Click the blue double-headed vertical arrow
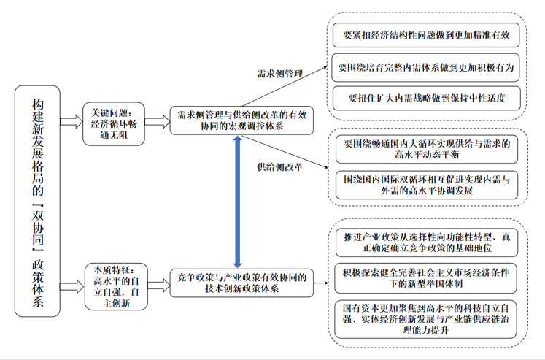pyautogui.click(x=238, y=202)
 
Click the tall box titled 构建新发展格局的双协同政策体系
pyautogui.click(x=37, y=201)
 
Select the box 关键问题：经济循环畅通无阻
pyautogui.click(x=114, y=124)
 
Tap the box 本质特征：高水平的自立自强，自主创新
pyautogui.click(x=116, y=286)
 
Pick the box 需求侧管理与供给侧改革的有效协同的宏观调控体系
pyautogui.click(x=241, y=120)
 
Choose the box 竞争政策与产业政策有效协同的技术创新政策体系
pyautogui.click(x=241, y=283)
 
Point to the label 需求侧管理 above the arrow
pyautogui.click(x=280, y=74)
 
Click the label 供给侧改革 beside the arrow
pyautogui.click(x=280, y=167)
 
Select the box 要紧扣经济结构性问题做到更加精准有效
pyautogui.click(x=426, y=35)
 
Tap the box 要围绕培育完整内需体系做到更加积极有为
pyautogui.click(x=426, y=67)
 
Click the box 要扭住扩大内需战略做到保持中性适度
pyautogui.click(x=427, y=98)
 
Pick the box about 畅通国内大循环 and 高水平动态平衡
pyautogui.click(x=427, y=149)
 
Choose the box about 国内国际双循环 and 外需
pyautogui.click(x=427, y=185)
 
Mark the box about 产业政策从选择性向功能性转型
pyautogui.click(x=427, y=242)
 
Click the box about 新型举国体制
pyautogui.click(x=425, y=278)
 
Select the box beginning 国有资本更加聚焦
pyautogui.click(x=425, y=319)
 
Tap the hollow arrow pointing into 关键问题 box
pyautogui.click(x=71, y=122)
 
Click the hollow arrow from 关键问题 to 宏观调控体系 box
pyautogui.click(x=157, y=122)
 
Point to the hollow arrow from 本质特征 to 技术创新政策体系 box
pyautogui.click(x=159, y=286)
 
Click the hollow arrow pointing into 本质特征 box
pyautogui.click(x=72, y=286)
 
